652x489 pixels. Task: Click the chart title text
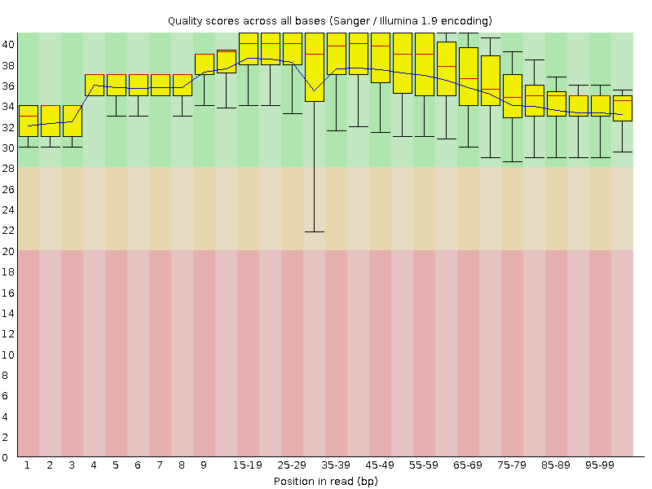(x=330, y=20)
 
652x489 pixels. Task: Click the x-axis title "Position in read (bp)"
(x=325, y=481)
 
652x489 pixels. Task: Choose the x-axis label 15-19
(x=248, y=465)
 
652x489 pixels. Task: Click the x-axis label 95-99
(x=600, y=465)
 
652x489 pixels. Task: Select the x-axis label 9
(x=204, y=465)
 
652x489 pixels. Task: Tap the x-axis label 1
(x=28, y=465)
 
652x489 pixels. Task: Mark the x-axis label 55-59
(x=424, y=465)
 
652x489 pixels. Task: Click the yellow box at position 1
(x=28, y=121)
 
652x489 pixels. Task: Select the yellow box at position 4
(x=94, y=85)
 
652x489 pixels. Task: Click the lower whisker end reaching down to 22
(x=314, y=231)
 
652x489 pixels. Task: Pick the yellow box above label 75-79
(x=512, y=96)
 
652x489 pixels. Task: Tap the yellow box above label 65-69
(x=468, y=76)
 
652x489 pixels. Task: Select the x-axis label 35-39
(x=336, y=465)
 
